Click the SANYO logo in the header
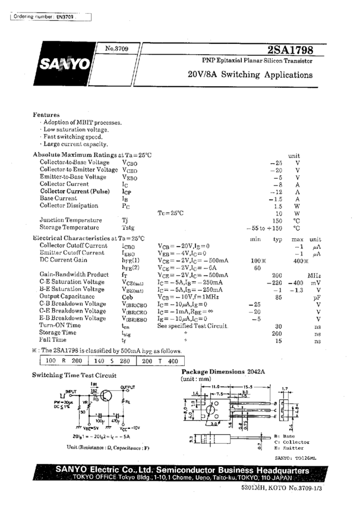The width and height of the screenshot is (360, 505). coord(65,64)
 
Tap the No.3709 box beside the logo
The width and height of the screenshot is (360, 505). coord(117,49)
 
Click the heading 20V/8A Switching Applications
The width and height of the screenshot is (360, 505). coord(250,75)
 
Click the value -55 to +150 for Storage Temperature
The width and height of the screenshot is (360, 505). coord(264,228)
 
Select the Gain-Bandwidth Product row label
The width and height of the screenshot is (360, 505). coord(74,274)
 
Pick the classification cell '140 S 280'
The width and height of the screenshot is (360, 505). coord(112,361)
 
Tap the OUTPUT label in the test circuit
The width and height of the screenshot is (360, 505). coord(128,387)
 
